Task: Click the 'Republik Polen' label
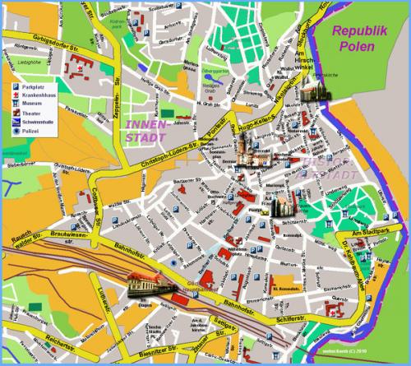[353, 39]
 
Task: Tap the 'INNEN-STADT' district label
[146, 129]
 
